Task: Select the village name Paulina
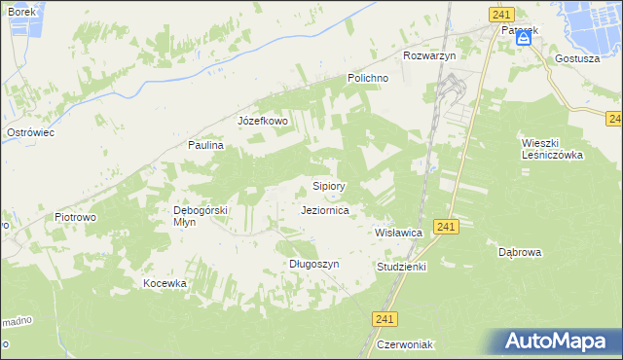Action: tap(206, 145)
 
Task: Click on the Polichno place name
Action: tap(369, 78)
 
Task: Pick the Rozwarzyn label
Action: tap(429, 55)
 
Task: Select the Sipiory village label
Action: tap(329, 185)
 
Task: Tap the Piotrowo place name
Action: tap(75, 217)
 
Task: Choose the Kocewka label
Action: tap(165, 283)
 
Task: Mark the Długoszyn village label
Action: tap(313, 264)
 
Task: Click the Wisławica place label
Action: tap(398, 234)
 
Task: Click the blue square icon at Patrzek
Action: tap(524, 38)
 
